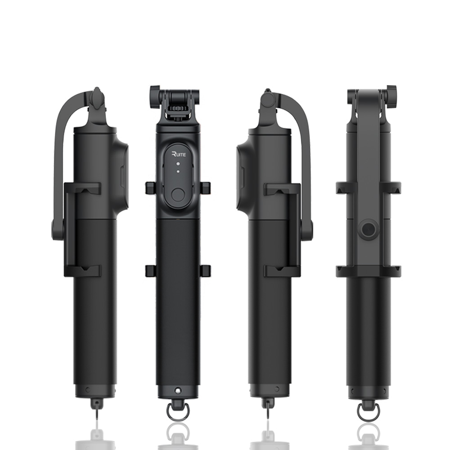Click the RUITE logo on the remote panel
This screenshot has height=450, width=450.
coord(179,154)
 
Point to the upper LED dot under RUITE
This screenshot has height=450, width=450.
coord(178,164)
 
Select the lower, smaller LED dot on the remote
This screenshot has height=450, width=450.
coord(178,171)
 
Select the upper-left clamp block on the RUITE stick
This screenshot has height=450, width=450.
coord(151,188)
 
